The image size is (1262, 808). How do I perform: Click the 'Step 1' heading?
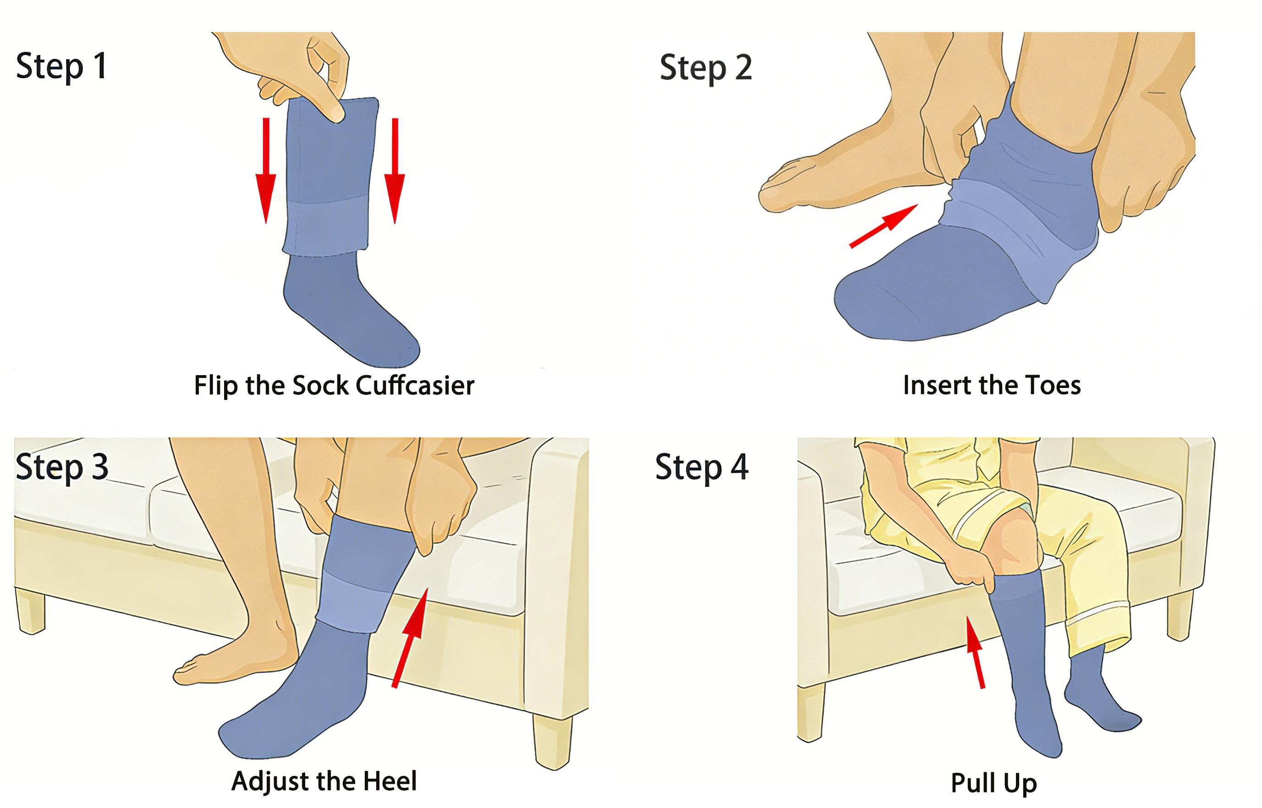point(62,66)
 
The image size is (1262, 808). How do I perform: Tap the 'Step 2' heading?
point(706,68)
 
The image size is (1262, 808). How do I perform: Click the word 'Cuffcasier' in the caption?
point(415,385)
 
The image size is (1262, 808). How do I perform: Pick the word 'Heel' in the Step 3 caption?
point(390,781)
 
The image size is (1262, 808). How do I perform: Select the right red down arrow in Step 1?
point(395,170)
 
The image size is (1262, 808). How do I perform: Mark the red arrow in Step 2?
point(883,226)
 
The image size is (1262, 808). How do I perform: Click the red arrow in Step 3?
point(410,637)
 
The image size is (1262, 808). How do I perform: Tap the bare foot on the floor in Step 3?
point(236,661)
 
